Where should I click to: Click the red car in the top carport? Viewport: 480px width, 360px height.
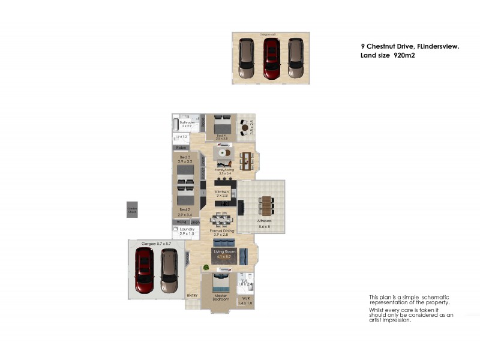tap(271, 58)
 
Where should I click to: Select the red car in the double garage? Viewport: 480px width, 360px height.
tap(145, 271)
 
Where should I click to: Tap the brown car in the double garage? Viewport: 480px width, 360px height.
tap(169, 271)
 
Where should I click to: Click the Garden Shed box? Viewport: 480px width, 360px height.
tap(131, 209)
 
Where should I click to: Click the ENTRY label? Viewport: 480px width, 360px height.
tap(193, 295)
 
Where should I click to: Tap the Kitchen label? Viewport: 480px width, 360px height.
tap(222, 192)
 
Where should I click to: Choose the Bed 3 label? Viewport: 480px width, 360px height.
tap(185, 157)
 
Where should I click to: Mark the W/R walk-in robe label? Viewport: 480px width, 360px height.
tap(246, 298)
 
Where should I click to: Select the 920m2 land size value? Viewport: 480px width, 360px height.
tap(405, 55)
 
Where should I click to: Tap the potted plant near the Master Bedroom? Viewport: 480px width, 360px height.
tap(206, 267)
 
